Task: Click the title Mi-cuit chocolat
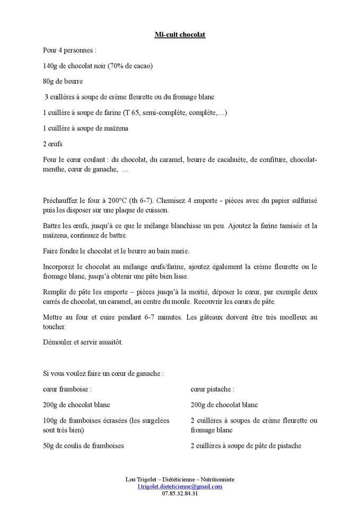pyautogui.click(x=180, y=34)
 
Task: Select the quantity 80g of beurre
pyautogui.click(x=49, y=81)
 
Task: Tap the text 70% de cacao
pyautogui.click(x=130, y=66)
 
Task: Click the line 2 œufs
pyautogui.click(x=52, y=144)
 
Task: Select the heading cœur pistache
pyautogui.click(x=212, y=389)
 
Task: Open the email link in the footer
pyautogui.click(x=180, y=486)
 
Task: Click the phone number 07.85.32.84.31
pyautogui.click(x=180, y=494)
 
